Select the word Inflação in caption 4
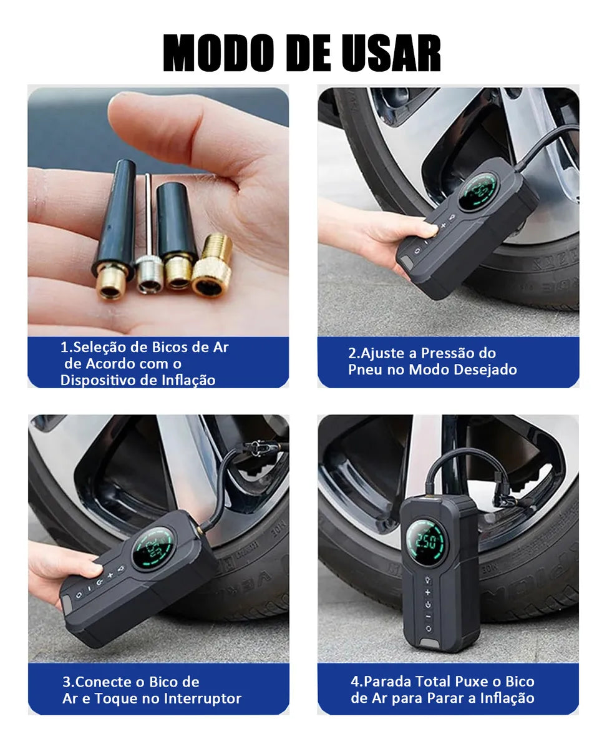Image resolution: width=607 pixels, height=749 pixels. tap(507, 698)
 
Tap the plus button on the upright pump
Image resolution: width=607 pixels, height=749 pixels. tap(428, 590)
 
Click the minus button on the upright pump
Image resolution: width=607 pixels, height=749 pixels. tap(428, 617)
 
